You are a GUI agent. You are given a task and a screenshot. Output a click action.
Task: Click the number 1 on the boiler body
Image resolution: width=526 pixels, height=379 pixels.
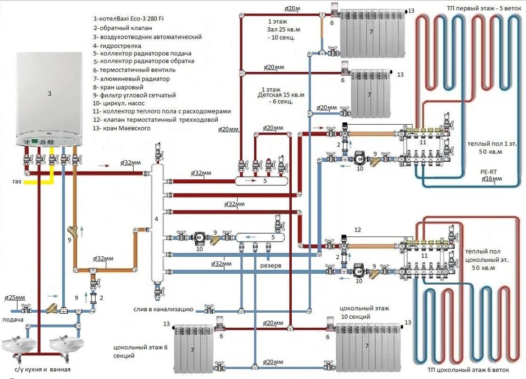(50, 93)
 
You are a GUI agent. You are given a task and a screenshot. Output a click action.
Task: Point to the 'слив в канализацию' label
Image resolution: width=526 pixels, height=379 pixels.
(167, 310)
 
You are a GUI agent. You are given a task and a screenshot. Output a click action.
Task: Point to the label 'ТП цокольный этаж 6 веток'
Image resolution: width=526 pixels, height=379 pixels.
(468, 371)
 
